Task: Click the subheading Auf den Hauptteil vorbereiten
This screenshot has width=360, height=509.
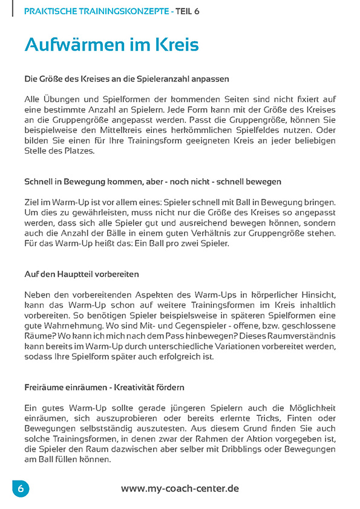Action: [x=82, y=274]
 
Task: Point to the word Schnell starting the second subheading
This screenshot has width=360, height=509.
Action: [x=39, y=181]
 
